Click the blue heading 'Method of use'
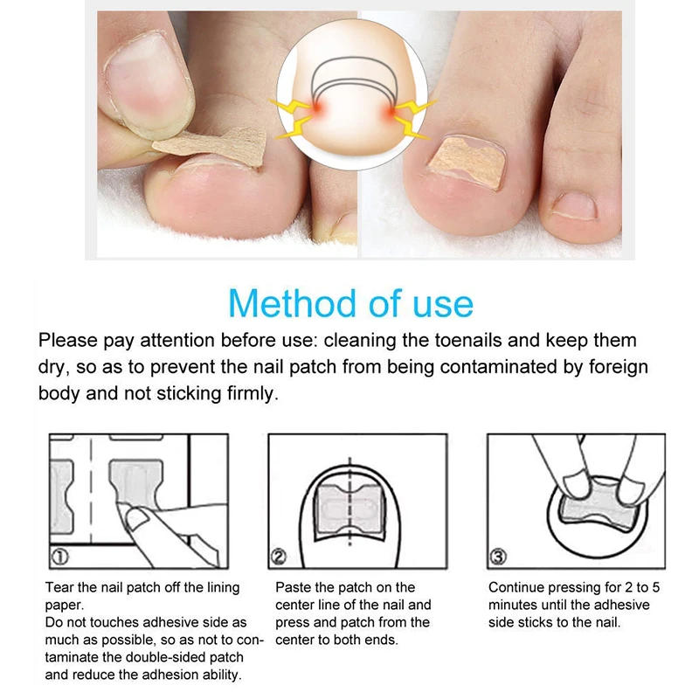pyautogui.click(x=349, y=302)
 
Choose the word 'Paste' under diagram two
pyautogui.click(x=294, y=588)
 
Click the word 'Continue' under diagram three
pyautogui.click(x=516, y=588)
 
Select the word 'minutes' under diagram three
pyautogui.click(x=514, y=605)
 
